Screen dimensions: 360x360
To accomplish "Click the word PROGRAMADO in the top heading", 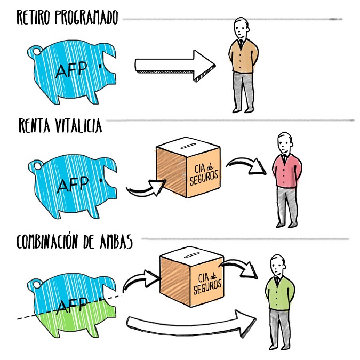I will (85, 18).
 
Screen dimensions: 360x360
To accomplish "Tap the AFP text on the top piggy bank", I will (71, 70).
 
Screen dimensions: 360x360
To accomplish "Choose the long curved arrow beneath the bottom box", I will (192, 322).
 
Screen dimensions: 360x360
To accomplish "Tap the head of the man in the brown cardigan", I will (242, 28).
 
